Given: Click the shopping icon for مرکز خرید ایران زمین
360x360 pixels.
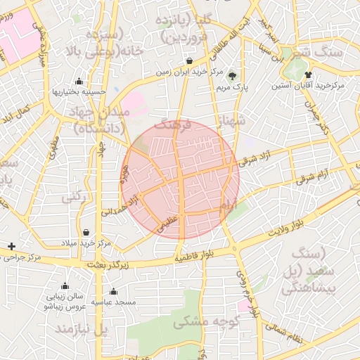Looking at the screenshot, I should [191, 60].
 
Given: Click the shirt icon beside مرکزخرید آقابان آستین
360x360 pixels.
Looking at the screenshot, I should [309, 73].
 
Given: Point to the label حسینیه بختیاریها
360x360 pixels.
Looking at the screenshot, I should [79, 92].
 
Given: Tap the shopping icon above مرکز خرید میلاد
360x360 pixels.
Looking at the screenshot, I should [86, 232].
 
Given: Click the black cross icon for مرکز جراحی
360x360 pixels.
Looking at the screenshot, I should [11, 246].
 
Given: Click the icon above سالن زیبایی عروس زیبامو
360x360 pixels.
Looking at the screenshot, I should [65, 286].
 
